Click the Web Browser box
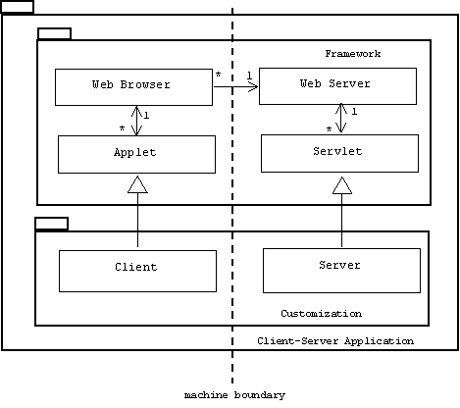[133, 87]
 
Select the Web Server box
[337, 86]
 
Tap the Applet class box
[136, 154]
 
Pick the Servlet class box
[339, 153]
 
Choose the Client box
[137, 271]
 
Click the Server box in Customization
[341, 271]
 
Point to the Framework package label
[353, 54]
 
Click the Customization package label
[322, 314]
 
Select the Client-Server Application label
[335, 341]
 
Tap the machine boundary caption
[234, 395]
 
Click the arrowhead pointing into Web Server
[253, 86]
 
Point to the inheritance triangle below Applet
[137, 184]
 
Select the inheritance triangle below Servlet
[342, 185]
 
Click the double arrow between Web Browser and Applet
[136, 121]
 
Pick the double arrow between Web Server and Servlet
[341, 118]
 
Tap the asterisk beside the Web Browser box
[218, 75]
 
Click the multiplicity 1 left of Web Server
[249, 76]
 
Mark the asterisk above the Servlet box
[329, 129]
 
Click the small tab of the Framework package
[54, 33]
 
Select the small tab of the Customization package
[52, 224]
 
